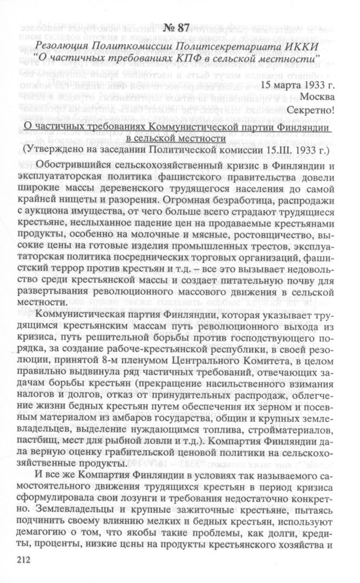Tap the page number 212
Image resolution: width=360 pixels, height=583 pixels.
click(25, 560)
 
